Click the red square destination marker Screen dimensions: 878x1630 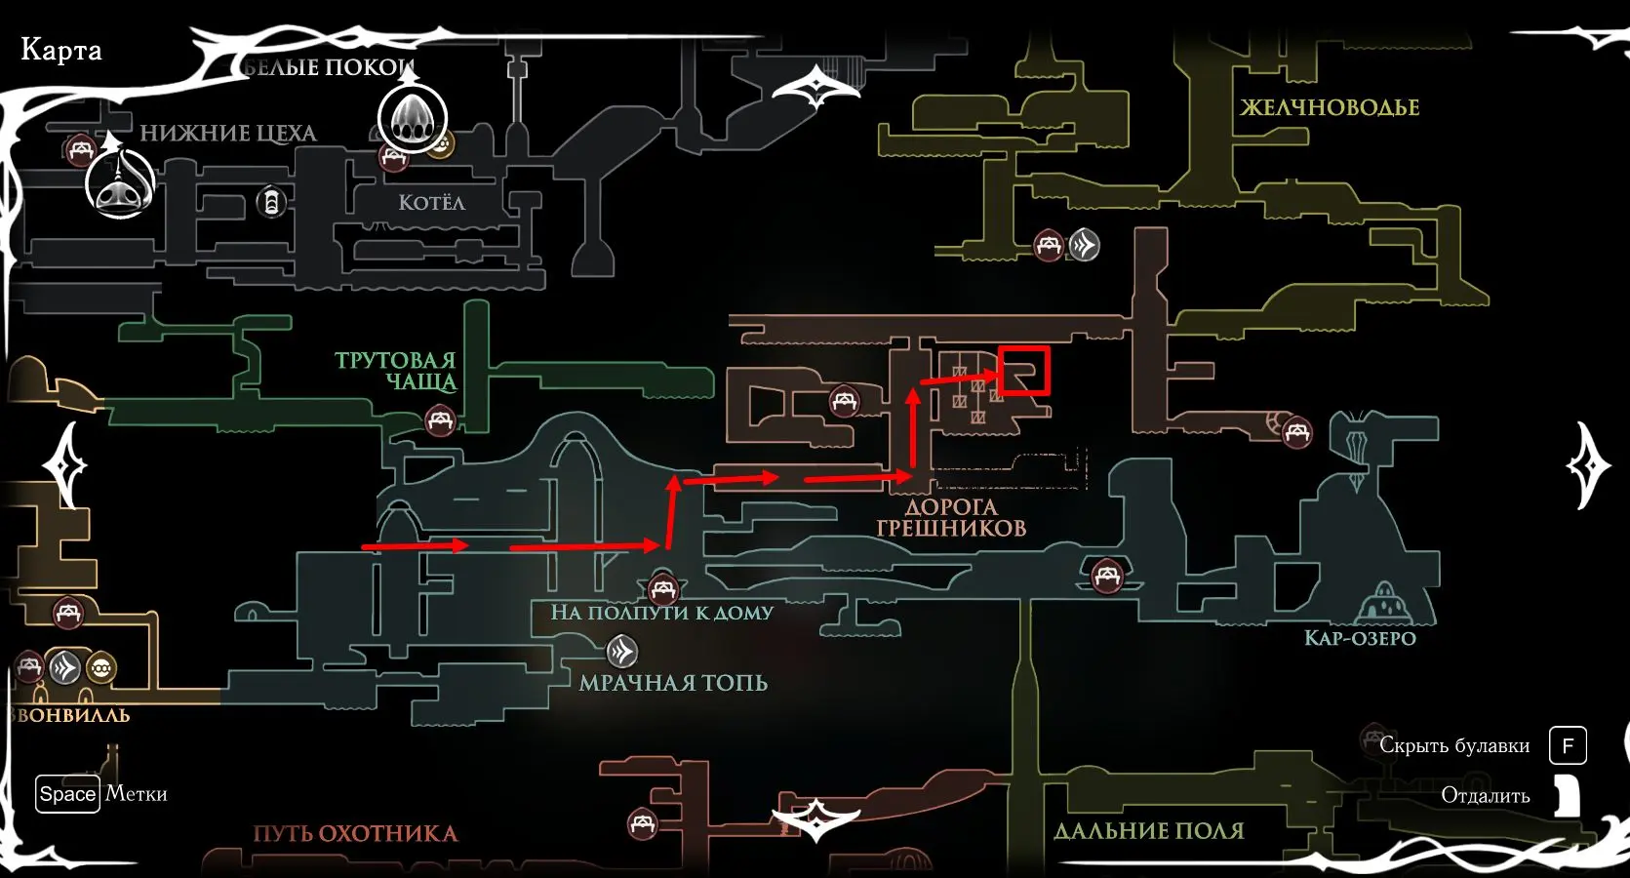pos(1023,371)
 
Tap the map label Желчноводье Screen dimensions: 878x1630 pos(1330,107)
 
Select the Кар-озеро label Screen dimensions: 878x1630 pos(1360,638)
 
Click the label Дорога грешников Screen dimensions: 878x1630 pos(951,518)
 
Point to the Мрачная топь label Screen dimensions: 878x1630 pos(673,683)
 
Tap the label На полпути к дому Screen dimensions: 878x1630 pos(661,613)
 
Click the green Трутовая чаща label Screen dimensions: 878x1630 pos(396,371)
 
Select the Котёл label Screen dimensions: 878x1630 pos(431,203)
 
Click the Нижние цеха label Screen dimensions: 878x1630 pos(228,134)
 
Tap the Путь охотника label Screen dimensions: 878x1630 pos(355,834)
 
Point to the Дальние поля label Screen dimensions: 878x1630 pos(1149,831)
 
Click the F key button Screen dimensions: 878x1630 pos(1568,746)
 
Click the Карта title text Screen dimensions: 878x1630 pos(61,50)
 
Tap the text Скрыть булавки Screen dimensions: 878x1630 pos(1454,746)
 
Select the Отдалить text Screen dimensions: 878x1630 pos(1485,796)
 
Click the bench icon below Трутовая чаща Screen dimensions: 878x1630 pos(441,421)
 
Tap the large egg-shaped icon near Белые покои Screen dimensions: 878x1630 pos(412,117)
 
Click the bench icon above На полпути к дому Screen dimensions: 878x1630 pos(663,588)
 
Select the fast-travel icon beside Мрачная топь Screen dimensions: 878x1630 pos(621,651)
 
